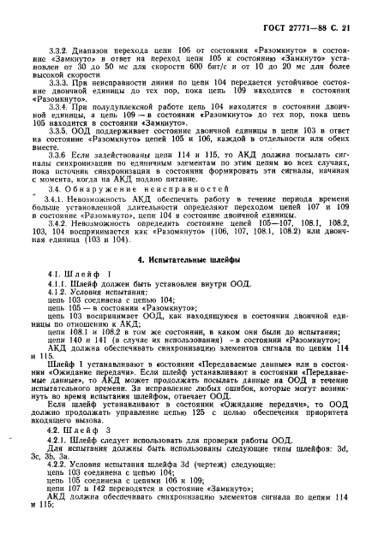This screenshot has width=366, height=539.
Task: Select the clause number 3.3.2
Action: (x=66, y=51)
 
